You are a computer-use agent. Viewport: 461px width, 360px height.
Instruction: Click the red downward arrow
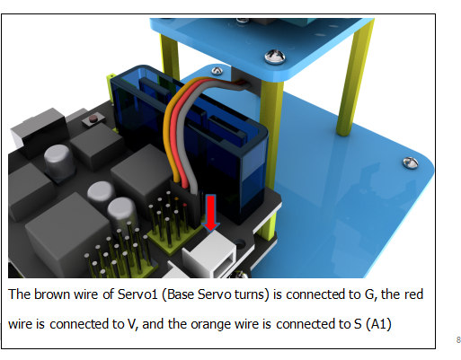(211, 213)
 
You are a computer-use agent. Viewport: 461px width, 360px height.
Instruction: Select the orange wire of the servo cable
(173, 126)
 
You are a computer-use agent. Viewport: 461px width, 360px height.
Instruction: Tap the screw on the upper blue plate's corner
(275, 57)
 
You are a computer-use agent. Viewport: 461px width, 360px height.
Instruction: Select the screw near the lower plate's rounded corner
(411, 162)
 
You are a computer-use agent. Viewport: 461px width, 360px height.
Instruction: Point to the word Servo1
(137, 294)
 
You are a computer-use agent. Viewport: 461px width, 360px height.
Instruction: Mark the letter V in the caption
(131, 324)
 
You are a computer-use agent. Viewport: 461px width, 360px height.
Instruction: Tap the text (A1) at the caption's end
(378, 324)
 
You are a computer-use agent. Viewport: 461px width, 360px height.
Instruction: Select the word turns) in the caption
(252, 294)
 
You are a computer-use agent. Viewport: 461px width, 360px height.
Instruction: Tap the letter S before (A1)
(358, 324)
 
